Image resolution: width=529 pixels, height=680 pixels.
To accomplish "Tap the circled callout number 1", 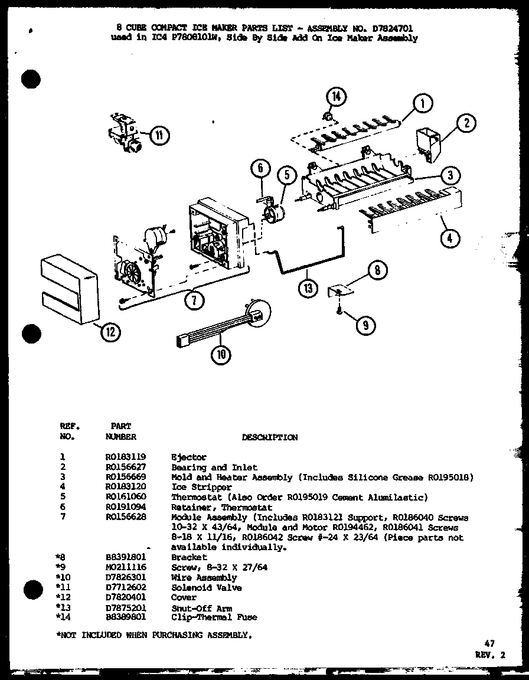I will pos(423,104).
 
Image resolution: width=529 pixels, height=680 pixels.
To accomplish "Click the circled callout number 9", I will pos(366,324).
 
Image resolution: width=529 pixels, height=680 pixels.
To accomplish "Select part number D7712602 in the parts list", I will pos(126,587).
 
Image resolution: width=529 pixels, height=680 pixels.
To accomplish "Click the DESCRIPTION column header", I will pos(270,437).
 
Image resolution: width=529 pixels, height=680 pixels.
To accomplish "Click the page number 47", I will pos(489,643).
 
